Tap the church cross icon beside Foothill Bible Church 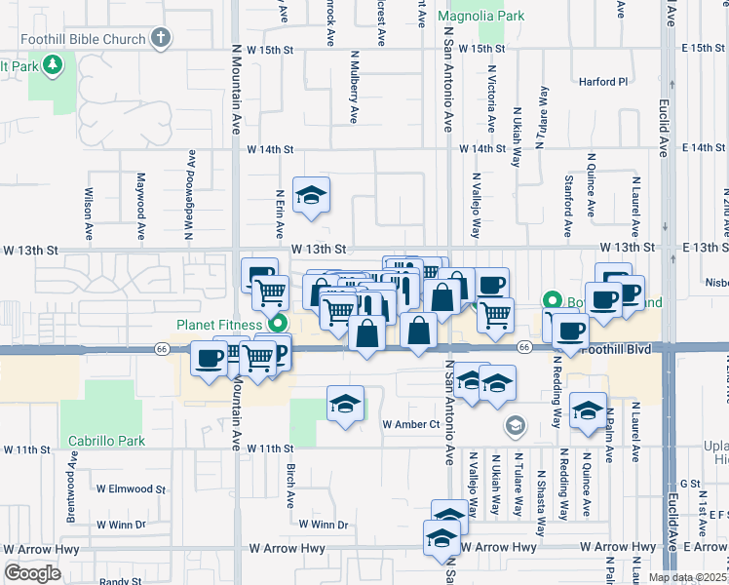click(161, 38)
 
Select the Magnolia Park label click(480, 16)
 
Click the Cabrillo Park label click(106, 441)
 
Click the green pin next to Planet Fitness click(279, 324)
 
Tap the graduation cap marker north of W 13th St click(312, 195)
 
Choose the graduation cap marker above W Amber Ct click(345, 405)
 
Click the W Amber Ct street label click(411, 424)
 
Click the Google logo click(32, 573)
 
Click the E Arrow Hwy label click(704, 547)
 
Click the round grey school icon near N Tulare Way click(515, 425)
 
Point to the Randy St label click(120, 581)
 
